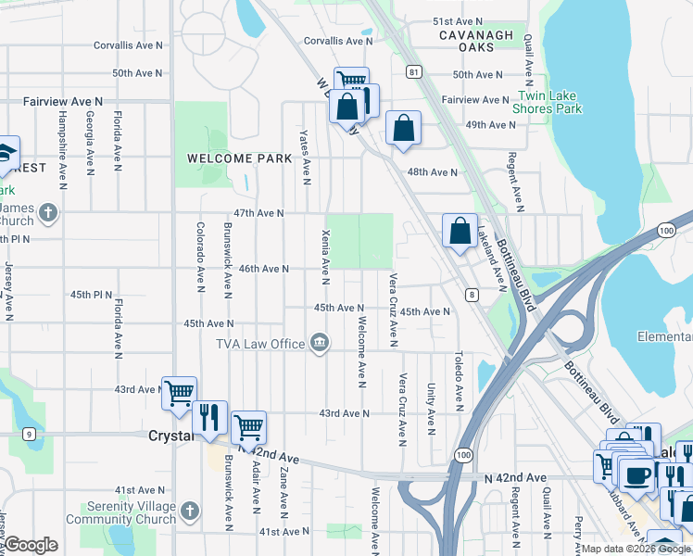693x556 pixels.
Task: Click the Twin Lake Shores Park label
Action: pyautogui.click(x=549, y=102)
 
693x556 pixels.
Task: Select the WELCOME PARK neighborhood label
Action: pyautogui.click(x=232, y=158)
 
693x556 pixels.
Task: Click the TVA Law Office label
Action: pyautogui.click(x=260, y=344)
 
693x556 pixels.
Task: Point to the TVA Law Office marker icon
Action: pyautogui.click(x=320, y=344)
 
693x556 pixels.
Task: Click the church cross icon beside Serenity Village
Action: pyautogui.click(x=190, y=511)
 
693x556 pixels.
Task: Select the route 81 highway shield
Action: pyautogui.click(x=413, y=71)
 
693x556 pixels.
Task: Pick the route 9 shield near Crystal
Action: pyautogui.click(x=29, y=433)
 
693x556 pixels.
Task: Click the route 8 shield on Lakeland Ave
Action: pyautogui.click(x=472, y=295)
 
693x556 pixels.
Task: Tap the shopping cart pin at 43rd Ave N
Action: pyautogui.click(x=179, y=393)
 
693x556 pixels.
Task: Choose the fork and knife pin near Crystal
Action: pyautogui.click(x=210, y=418)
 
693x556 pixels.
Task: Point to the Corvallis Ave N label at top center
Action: pyautogui.click(x=338, y=41)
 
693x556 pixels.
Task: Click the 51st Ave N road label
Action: pyautogui.click(x=458, y=21)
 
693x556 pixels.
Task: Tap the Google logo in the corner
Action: pyautogui.click(x=31, y=546)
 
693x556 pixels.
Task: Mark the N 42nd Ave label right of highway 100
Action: pyautogui.click(x=515, y=478)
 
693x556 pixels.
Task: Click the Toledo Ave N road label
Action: pyautogui.click(x=459, y=380)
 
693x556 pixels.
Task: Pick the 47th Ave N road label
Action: pyautogui.click(x=258, y=213)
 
